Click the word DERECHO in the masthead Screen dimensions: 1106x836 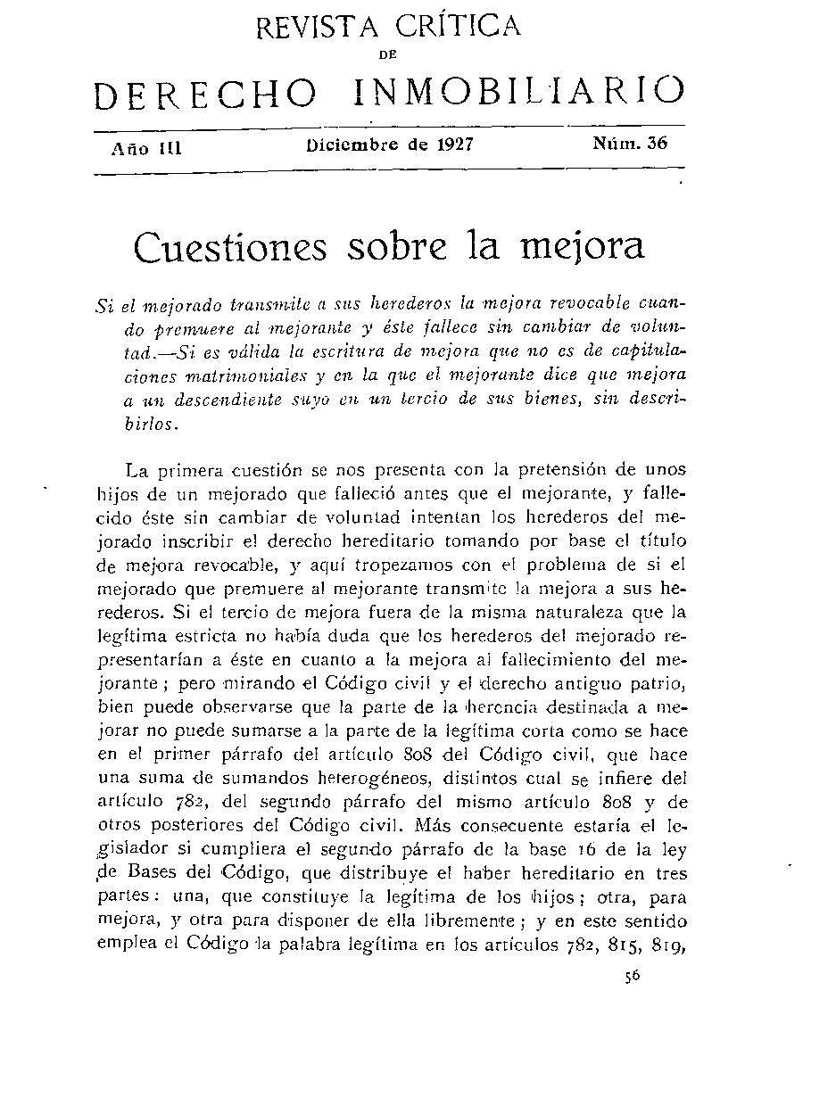205,95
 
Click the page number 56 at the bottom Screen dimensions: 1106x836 633,977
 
